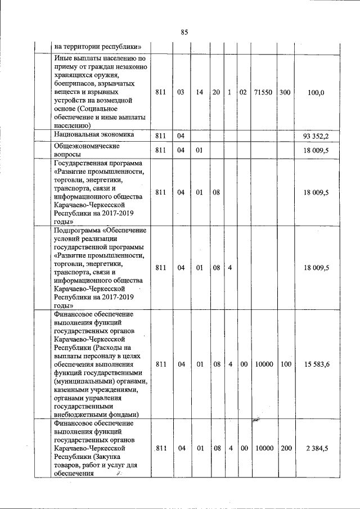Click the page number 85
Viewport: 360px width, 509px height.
coord(184,32)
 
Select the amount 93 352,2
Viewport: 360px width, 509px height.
coord(316,136)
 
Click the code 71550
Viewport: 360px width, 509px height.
coord(263,92)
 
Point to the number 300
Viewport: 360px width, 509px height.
coord(285,92)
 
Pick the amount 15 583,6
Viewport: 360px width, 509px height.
coord(317,364)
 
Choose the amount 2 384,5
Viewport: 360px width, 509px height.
coord(317,448)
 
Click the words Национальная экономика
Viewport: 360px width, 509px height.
coord(94,135)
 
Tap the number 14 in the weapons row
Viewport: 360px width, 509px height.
coord(199,92)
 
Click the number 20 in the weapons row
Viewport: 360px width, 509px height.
coord(216,92)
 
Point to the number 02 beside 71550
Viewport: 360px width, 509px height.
coord(243,92)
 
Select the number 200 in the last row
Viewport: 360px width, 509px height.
coord(286,448)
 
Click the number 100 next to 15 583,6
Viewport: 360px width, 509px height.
coord(286,364)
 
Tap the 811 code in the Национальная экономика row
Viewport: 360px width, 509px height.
coord(160,136)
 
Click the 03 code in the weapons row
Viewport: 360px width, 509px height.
coord(181,92)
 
